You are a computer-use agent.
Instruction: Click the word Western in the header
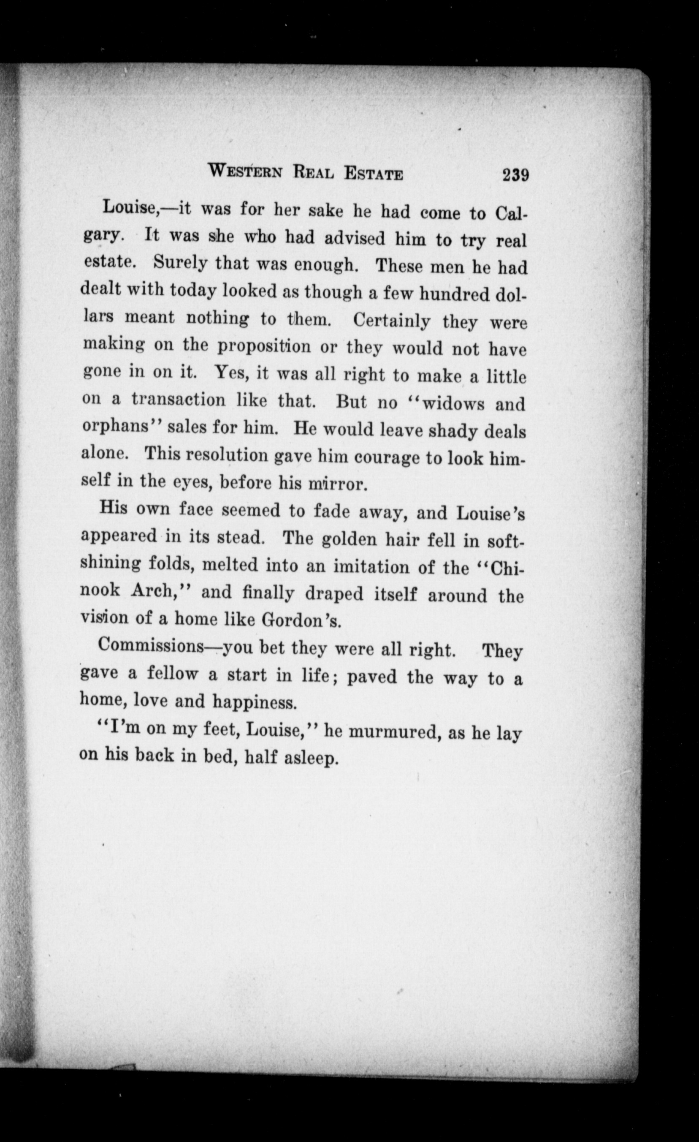point(246,172)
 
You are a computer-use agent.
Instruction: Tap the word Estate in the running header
point(373,174)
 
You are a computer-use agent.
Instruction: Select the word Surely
point(181,263)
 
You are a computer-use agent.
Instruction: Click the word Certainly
point(392,321)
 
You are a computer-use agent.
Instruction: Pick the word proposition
point(265,346)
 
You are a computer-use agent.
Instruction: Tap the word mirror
point(338,484)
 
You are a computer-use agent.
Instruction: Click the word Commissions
point(151,646)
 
